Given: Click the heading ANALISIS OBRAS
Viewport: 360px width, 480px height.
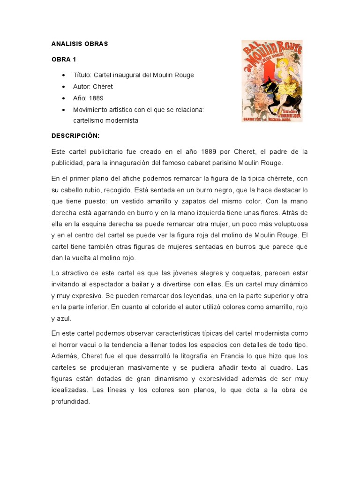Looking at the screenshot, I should click(80, 44).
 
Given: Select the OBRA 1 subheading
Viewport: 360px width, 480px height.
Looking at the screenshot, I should click(64, 60).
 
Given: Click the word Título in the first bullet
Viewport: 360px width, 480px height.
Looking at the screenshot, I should click(82, 75).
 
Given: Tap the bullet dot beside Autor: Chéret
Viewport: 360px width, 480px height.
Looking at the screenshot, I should click(63, 87).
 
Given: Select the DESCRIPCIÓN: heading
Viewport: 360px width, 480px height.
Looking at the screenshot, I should click(75, 135).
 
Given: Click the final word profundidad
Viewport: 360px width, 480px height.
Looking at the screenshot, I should click(70, 401).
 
